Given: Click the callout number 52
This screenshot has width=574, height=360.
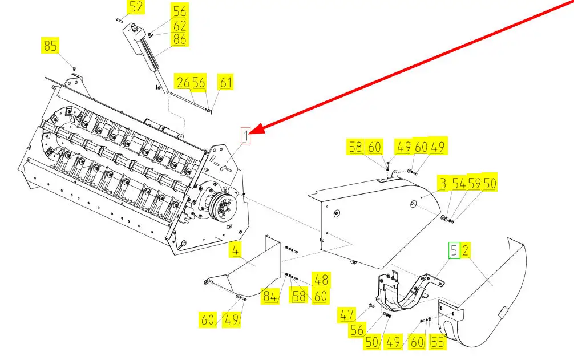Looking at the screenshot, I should click(x=136, y=7).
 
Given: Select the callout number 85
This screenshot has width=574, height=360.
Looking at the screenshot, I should click(x=51, y=46).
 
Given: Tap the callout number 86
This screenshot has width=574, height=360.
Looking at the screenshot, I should click(x=180, y=39).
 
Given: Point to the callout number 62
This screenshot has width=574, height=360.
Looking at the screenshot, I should click(x=180, y=26).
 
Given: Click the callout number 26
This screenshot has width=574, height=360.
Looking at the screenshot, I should click(x=183, y=83).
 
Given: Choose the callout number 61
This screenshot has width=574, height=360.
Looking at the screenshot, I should click(x=226, y=83).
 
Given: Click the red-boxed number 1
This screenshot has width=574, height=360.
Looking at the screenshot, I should click(x=245, y=136).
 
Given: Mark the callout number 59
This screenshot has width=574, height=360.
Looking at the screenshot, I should click(x=474, y=184).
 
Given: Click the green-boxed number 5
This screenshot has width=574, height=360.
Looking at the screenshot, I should click(x=454, y=250).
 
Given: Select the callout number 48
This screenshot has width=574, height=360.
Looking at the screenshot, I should click(x=321, y=280).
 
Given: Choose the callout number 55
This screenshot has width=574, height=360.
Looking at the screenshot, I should click(x=437, y=342).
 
